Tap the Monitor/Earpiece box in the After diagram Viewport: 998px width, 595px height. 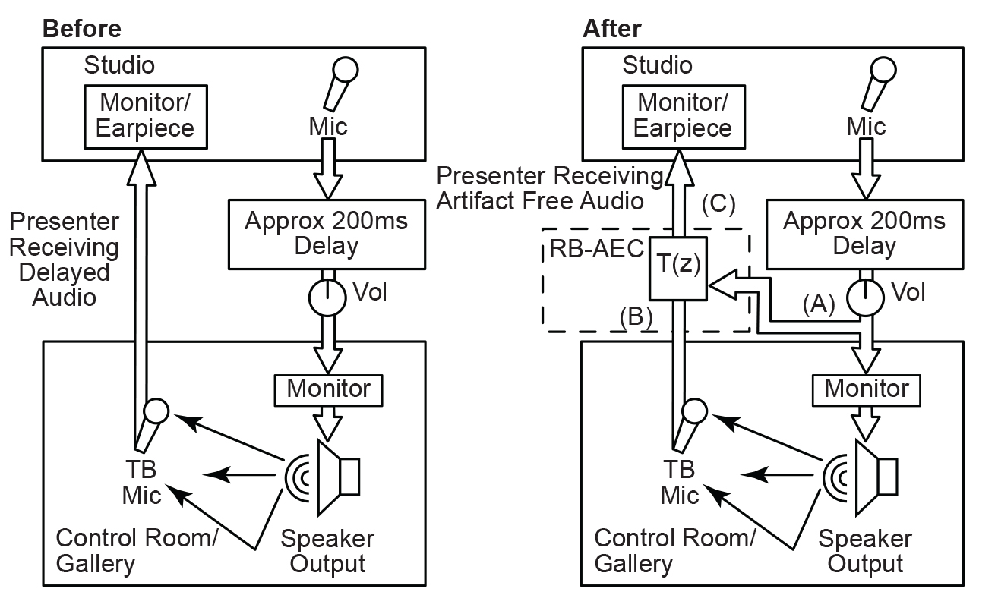pos(683,114)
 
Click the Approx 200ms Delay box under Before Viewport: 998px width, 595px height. pos(326,234)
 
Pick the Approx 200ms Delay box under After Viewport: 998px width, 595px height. pos(864,234)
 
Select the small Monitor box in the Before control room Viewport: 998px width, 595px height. pos(328,389)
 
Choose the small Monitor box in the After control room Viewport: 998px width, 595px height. pos(867,389)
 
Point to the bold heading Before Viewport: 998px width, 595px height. pos(81,29)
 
